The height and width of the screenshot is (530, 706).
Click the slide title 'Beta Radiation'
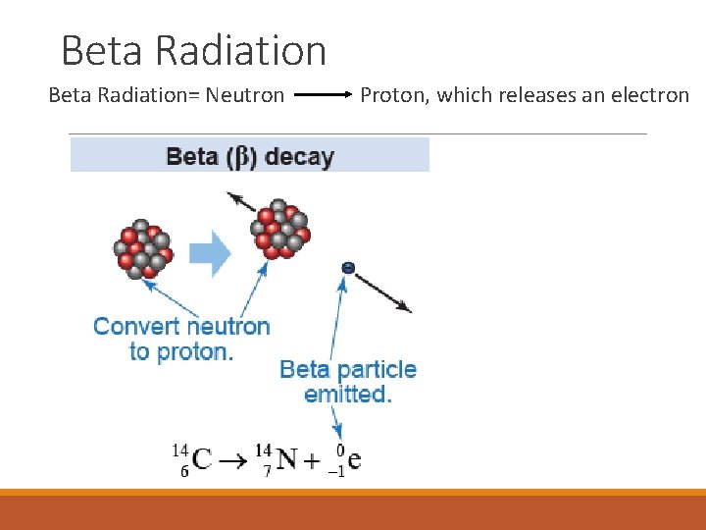[193, 50]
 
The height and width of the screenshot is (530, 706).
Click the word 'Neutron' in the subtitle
[245, 95]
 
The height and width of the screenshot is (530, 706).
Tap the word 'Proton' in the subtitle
[393, 95]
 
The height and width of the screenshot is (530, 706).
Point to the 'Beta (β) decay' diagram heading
[250, 156]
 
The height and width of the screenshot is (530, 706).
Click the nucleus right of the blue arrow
[280, 232]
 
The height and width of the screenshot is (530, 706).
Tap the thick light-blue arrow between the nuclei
[209, 254]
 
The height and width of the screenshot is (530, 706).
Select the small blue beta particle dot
[347, 267]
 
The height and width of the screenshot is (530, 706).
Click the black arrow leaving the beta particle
[382, 292]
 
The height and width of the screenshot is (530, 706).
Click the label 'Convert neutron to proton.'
[181, 339]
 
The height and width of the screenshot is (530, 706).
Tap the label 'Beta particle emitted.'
[348, 382]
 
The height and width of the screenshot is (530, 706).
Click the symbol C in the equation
[202, 458]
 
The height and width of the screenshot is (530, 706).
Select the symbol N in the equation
[286, 458]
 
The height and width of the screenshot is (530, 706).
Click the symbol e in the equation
[354, 458]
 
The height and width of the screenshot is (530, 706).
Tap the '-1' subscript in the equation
[335, 470]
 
